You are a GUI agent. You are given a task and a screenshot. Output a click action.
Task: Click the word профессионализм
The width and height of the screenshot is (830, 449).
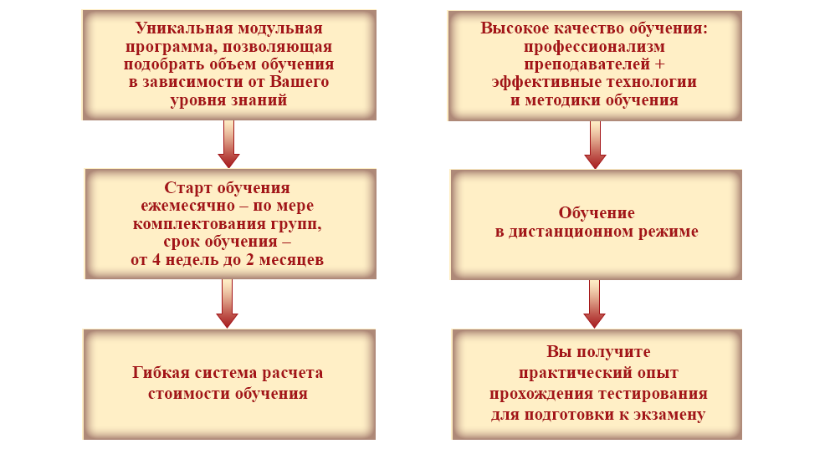pos(594,46)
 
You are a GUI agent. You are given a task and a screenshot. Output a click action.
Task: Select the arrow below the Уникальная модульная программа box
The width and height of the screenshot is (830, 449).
pos(228,144)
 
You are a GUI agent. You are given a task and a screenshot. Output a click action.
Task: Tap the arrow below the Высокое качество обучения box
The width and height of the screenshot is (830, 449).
pos(595,144)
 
